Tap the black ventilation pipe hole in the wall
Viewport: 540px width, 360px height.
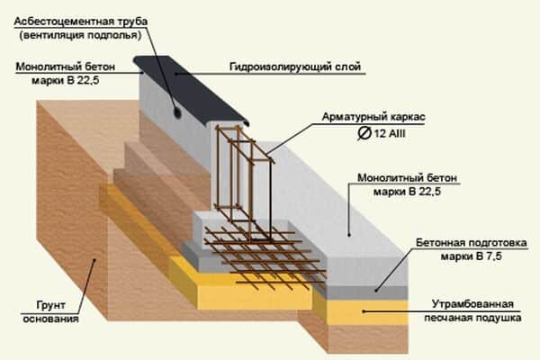point(176,113)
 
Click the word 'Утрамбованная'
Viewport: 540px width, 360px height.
point(478,302)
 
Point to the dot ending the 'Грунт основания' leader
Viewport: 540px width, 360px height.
point(94,261)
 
